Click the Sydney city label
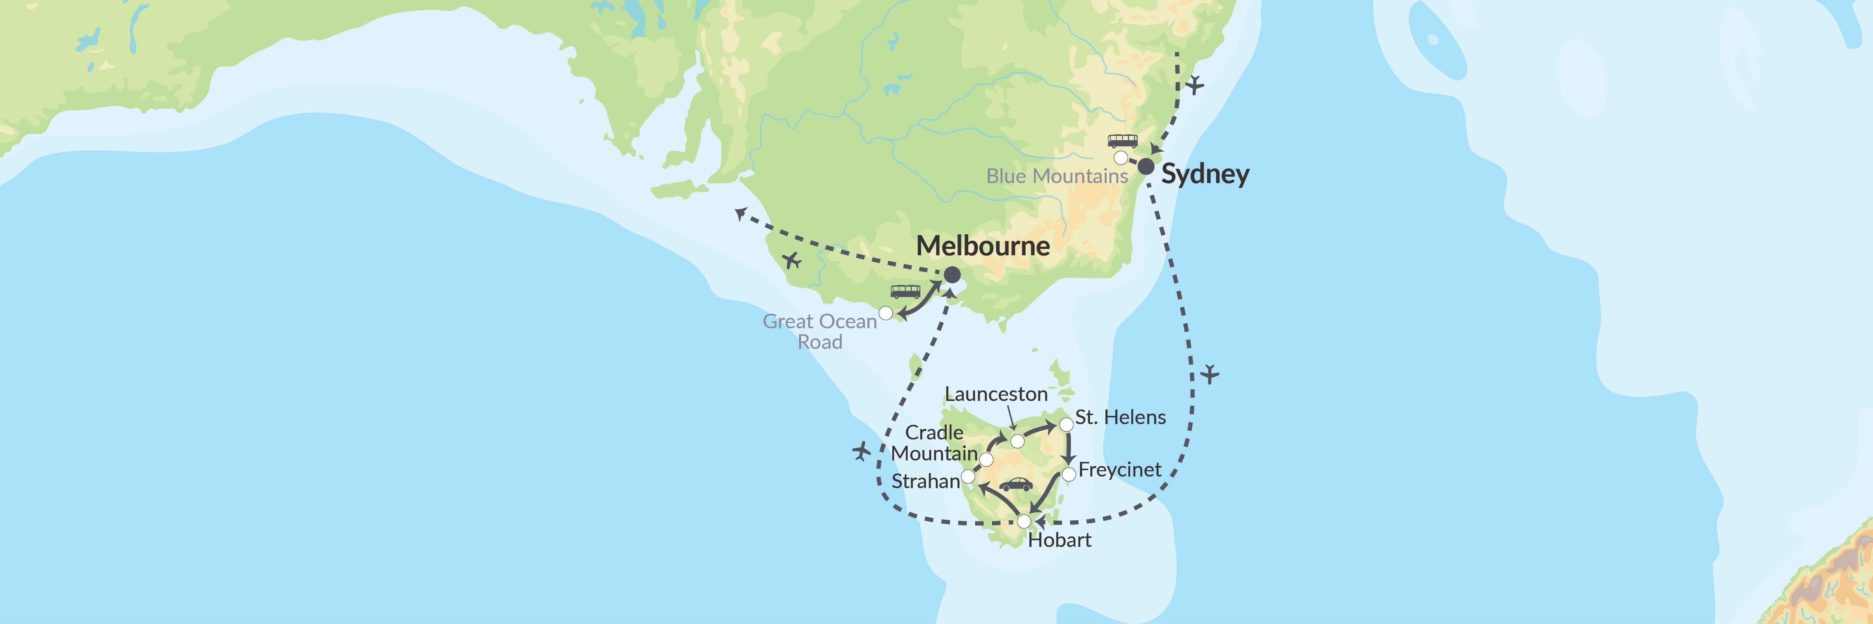click(1205, 174)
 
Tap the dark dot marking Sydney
click(1146, 166)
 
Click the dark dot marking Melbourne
click(952, 275)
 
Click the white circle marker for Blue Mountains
click(1121, 158)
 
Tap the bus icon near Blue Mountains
click(1123, 141)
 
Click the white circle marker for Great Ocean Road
click(886, 313)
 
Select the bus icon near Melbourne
click(905, 291)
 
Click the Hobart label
click(1059, 541)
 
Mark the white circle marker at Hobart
click(1024, 521)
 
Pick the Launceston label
click(995, 395)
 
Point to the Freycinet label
click(1120, 470)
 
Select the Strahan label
click(926, 482)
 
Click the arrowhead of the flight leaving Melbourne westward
click(740, 213)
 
